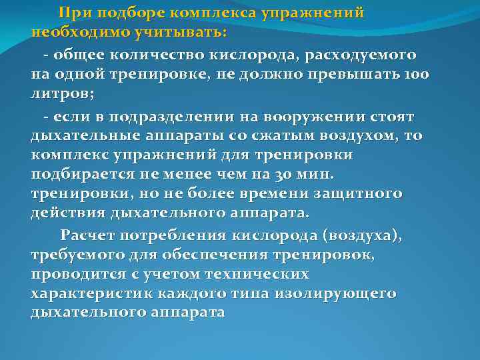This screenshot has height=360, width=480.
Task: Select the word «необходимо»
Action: [x=72, y=32]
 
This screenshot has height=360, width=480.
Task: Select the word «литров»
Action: [x=58, y=94]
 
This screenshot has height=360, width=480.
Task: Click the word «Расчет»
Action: [x=87, y=237]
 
